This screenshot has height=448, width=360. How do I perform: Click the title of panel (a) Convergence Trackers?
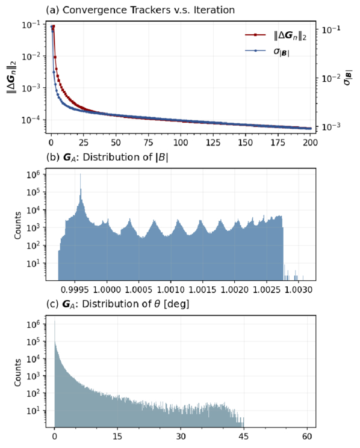140,10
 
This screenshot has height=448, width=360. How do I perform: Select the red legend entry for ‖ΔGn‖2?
276,35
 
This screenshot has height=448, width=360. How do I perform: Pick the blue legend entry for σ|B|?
267,51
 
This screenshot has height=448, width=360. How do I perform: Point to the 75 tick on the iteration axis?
148,142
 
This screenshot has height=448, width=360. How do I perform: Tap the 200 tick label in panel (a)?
310,142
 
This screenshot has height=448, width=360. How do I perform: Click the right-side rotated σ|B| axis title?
348,77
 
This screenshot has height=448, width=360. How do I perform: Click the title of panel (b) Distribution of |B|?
107,158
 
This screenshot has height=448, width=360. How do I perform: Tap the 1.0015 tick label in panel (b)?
203,290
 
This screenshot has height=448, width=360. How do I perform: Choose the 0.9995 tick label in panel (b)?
75,290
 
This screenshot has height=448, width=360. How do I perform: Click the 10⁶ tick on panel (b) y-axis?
34,174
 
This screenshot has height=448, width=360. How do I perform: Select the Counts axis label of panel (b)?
17,225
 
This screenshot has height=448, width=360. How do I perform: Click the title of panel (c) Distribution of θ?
118,304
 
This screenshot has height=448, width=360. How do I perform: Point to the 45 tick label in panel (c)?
244,437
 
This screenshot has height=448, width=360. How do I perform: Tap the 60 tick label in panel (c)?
307,437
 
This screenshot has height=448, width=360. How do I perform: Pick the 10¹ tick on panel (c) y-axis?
34,410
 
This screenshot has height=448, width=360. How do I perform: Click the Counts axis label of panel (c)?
17,372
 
